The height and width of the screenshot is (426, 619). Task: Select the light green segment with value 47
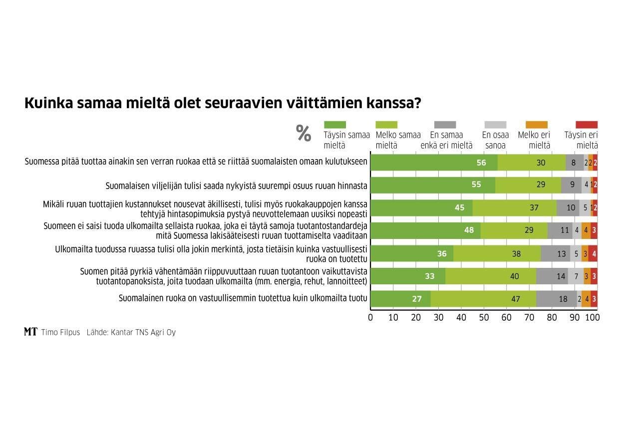483,299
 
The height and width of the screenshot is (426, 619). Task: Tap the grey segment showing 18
556,299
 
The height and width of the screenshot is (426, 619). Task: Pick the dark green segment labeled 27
400,299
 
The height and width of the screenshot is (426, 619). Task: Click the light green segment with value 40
491,276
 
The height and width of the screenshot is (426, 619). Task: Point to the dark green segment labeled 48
425,230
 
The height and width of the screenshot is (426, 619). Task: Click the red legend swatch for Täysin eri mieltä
586,125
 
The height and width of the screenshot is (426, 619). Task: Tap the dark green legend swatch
335,125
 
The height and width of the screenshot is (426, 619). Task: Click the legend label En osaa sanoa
495,140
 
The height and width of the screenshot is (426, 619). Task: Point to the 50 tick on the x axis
484,317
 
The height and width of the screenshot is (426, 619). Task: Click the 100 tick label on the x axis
592,317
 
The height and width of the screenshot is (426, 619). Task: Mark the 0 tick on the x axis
370,317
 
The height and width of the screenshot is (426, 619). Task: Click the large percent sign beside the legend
304,134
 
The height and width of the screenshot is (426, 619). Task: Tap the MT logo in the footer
30,332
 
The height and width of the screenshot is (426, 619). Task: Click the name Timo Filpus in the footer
60,332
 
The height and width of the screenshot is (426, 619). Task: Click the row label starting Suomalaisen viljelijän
236,186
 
